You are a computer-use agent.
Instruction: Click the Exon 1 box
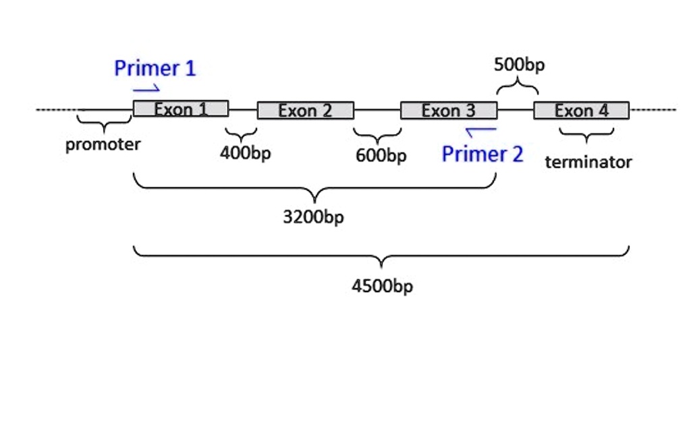tap(181, 109)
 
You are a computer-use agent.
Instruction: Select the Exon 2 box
tap(305, 110)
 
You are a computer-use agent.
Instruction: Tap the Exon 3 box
tap(449, 110)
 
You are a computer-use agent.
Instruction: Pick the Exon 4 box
tap(581, 110)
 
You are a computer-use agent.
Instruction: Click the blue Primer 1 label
tap(155, 68)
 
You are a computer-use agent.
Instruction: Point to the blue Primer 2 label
tap(482, 155)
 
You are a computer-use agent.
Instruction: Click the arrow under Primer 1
tap(146, 88)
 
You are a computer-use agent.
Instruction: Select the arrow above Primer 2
tap(480, 129)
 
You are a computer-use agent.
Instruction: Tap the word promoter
tap(103, 144)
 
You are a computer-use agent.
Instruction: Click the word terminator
tap(588, 162)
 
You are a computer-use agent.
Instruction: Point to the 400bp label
tap(245, 153)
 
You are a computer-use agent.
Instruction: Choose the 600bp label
tap(381, 156)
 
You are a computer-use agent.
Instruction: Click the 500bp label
tap(519, 65)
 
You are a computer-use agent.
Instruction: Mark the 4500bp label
tap(382, 286)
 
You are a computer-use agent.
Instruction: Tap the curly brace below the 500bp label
tap(518, 87)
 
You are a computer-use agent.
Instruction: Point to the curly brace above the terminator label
tap(586, 135)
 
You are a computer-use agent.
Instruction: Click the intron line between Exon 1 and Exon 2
tap(243, 109)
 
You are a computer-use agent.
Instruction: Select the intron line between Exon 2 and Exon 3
tap(377, 110)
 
